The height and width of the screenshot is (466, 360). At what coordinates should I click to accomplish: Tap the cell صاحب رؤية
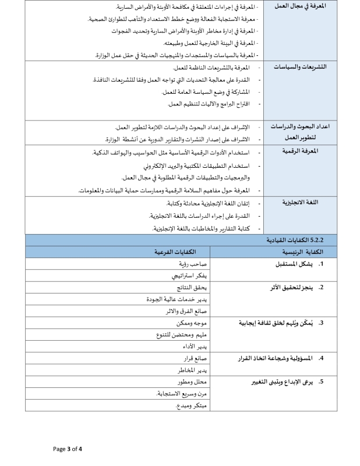click(x=195, y=263)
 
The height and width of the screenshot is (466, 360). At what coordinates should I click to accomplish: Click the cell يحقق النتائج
click(x=190, y=287)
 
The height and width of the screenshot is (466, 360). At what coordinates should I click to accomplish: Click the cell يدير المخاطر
click(x=193, y=370)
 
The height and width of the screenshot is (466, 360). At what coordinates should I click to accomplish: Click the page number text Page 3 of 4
click(x=68, y=449)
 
